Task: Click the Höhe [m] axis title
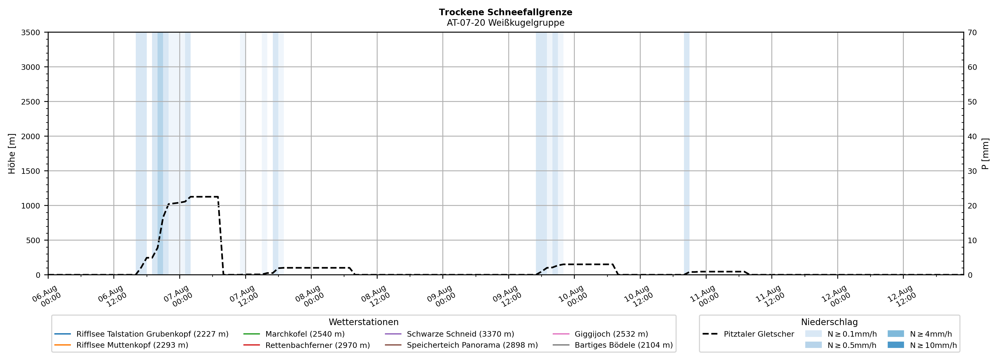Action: coord(12,153)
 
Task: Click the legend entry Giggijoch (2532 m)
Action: coord(600,334)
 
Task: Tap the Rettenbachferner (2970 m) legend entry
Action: coord(306,345)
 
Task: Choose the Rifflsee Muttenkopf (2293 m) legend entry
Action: coord(121,345)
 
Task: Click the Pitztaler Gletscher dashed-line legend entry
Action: coord(748,334)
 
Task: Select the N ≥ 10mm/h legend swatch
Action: coord(896,345)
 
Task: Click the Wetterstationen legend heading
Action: coord(363,322)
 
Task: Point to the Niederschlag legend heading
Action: coord(829,322)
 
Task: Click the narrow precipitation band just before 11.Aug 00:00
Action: coord(687,153)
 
